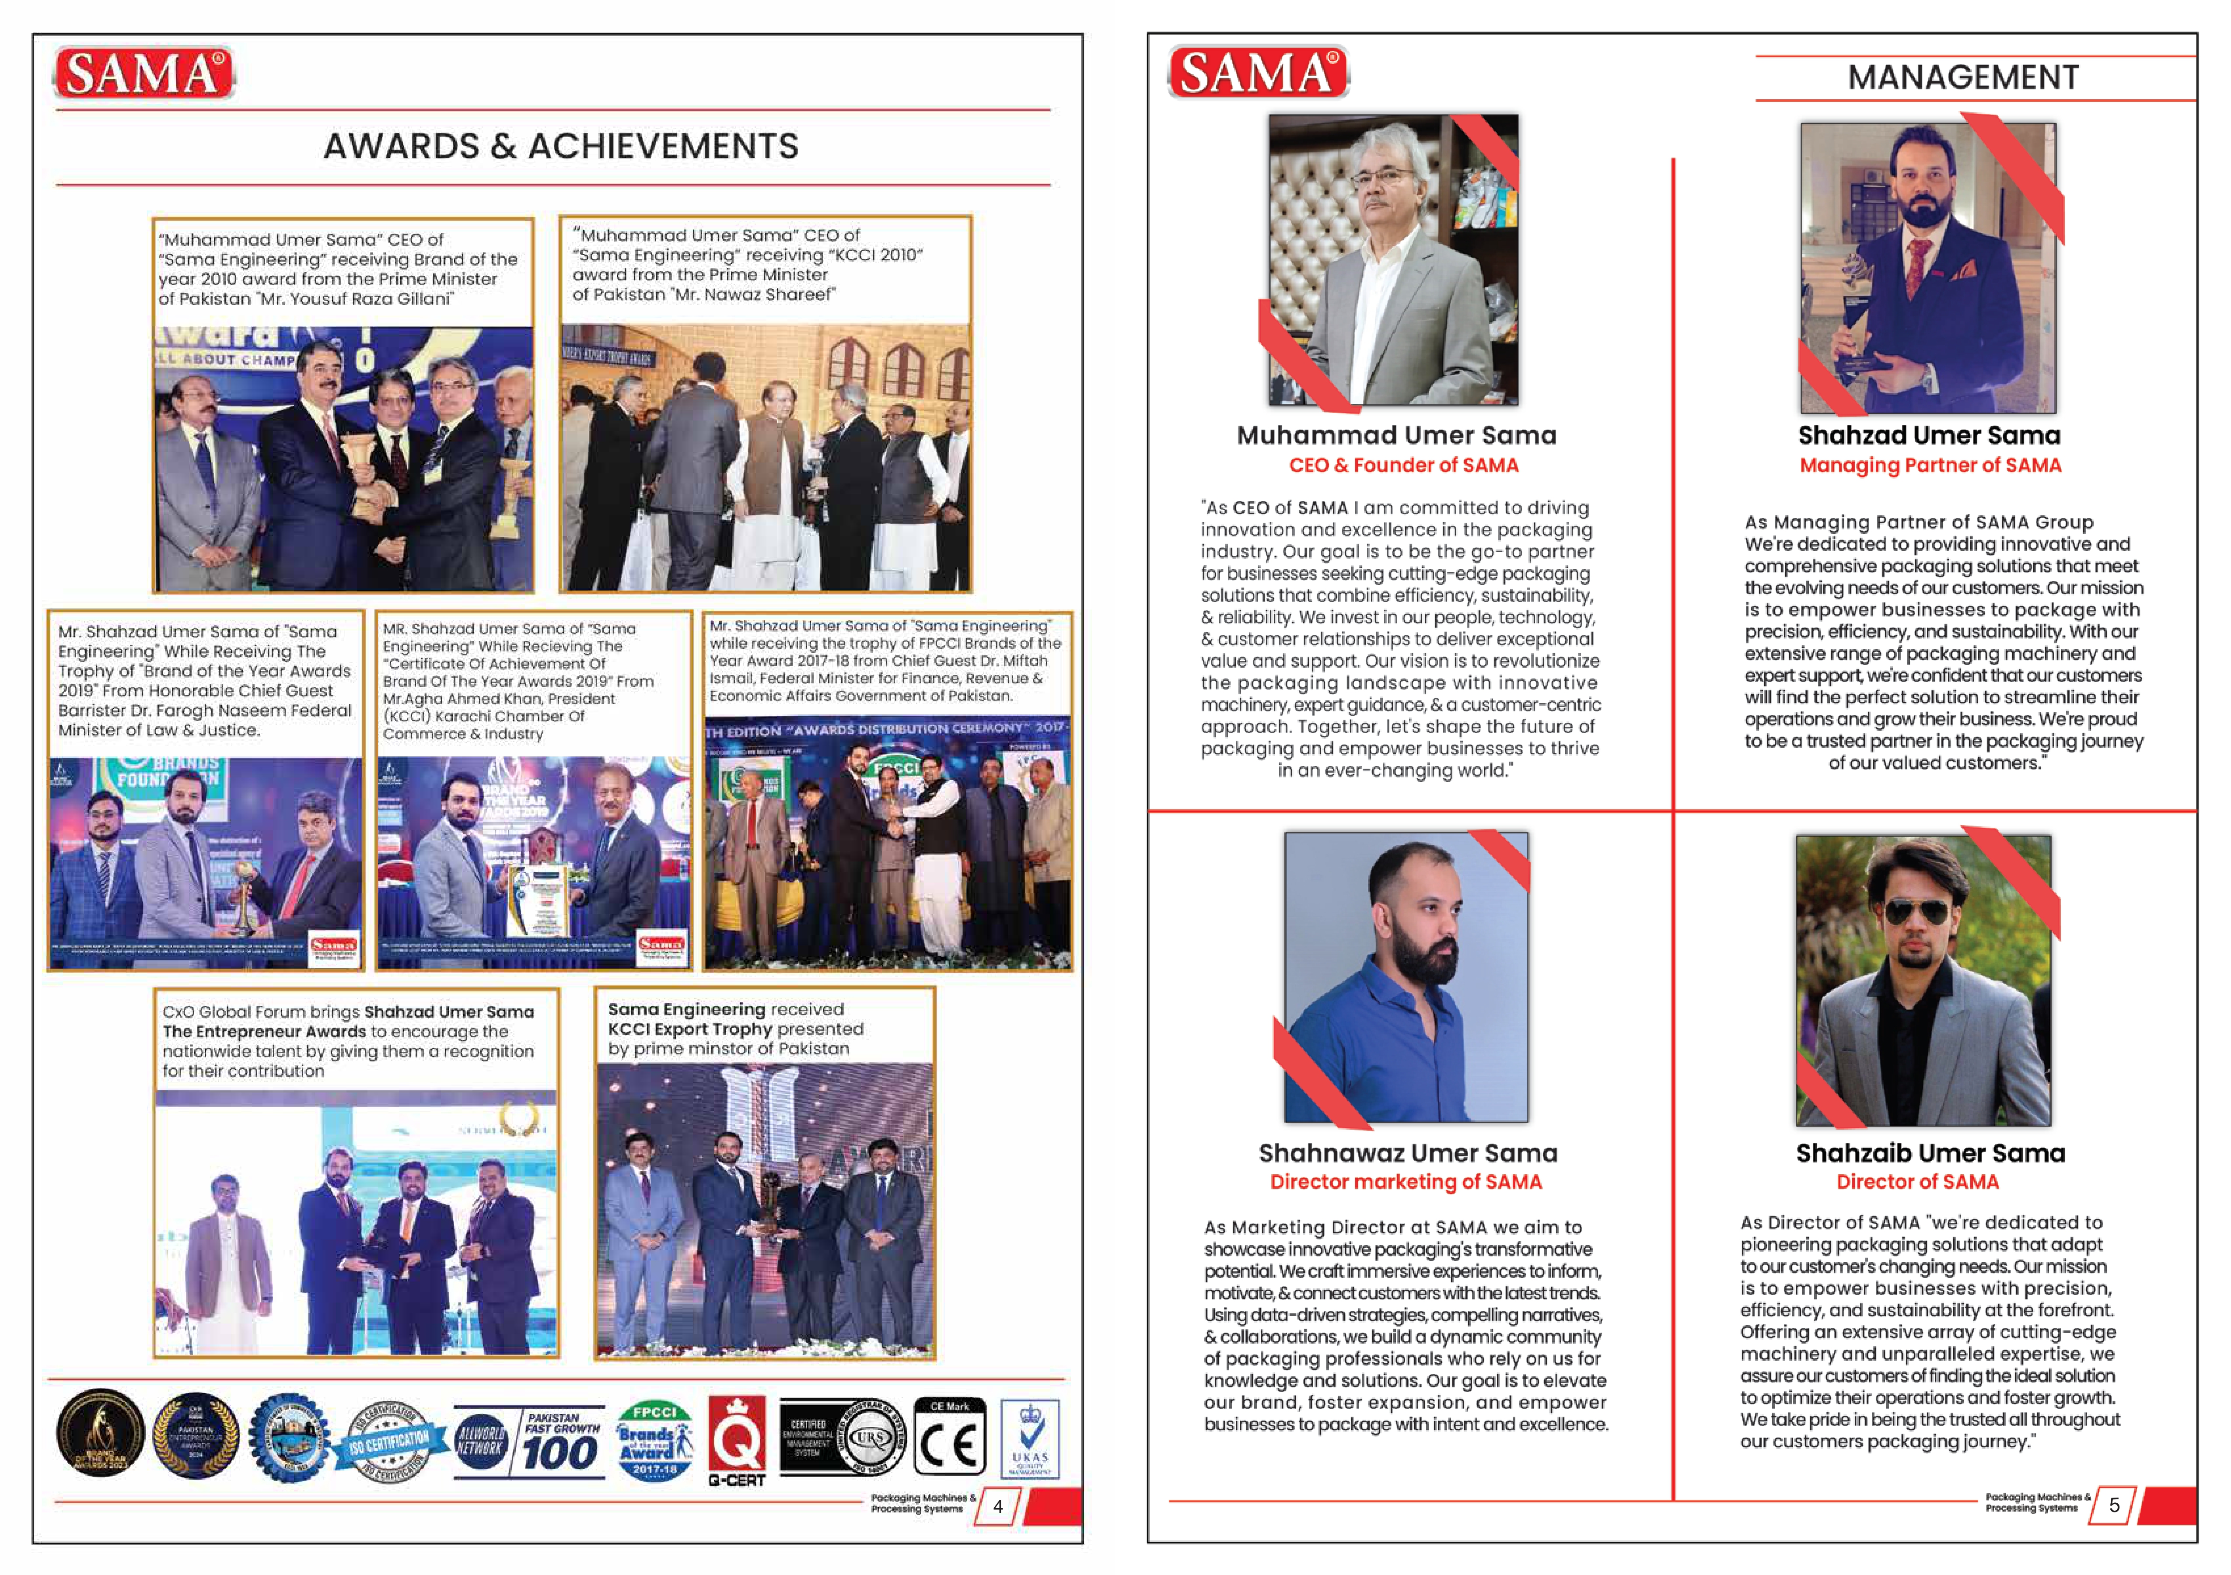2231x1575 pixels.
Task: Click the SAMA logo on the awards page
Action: (144, 73)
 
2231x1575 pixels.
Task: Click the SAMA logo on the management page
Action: (1259, 73)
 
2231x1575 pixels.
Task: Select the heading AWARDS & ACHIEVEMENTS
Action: (561, 147)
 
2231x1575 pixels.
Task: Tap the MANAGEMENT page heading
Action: (1963, 78)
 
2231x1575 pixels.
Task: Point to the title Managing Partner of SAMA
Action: (1930, 465)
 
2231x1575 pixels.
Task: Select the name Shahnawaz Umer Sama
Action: (1408, 1153)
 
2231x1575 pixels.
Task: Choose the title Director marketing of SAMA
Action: (1406, 1183)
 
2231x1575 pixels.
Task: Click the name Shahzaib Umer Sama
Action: (1930, 1153)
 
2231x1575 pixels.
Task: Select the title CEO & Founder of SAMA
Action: (1403, 465)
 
